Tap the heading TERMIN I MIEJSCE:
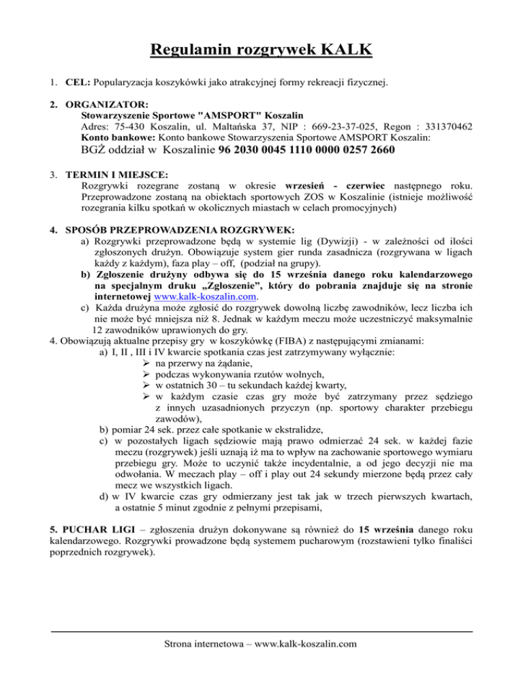[123, 176]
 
